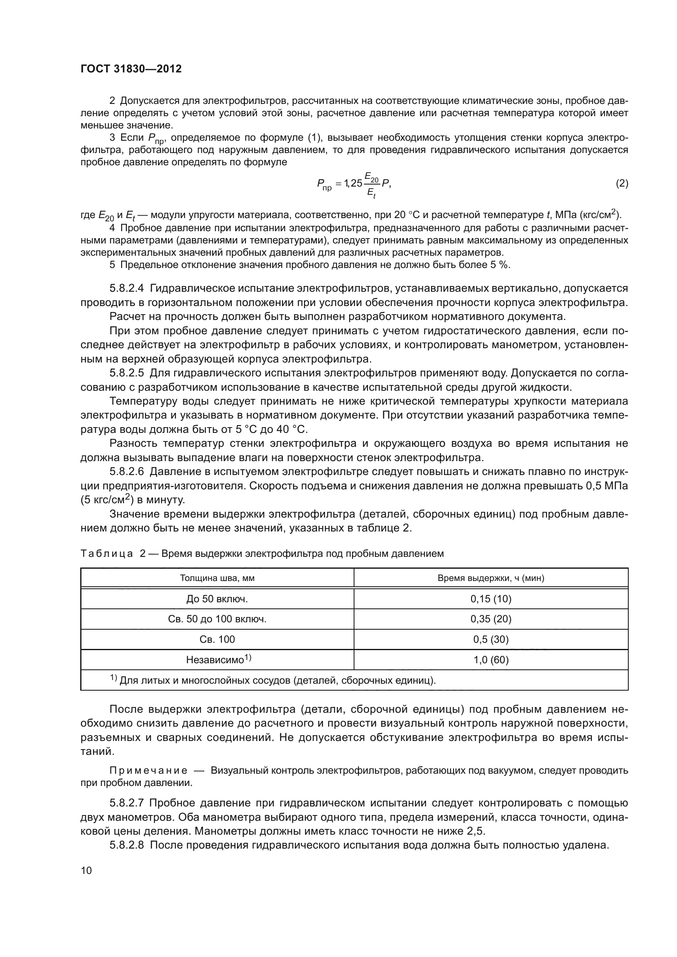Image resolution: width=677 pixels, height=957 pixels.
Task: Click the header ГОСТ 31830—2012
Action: coord(131,69)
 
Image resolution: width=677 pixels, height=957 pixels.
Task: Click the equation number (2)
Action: coord(622,183)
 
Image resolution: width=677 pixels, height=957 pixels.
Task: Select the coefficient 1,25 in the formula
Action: coord(353,183)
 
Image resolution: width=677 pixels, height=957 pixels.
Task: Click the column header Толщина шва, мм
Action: coord(217,578)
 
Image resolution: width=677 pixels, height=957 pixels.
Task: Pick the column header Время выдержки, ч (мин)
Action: coord(491,578)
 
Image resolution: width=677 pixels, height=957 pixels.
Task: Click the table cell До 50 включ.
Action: coord(217,599)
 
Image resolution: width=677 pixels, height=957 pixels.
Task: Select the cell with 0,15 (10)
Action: coord(491,599)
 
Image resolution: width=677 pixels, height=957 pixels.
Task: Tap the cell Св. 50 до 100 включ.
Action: coord(217,619)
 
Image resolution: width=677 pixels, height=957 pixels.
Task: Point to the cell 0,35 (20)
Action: coord(491,619)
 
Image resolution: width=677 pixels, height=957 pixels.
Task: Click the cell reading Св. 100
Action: coord(217,640)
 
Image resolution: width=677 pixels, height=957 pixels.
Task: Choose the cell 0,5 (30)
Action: coord(491,640)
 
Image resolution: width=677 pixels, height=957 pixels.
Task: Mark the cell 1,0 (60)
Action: coord(491,660)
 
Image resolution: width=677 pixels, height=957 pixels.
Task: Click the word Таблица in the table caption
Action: coord(107,554)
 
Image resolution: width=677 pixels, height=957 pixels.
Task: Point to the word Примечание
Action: coord(149,771)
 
